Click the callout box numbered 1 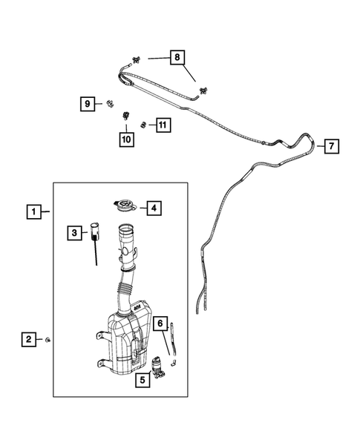pyautogui.click(x=34, y=211)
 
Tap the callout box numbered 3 pyautogui.click(x=73, y=234)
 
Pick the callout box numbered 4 pyautogui.click(x=152, y=208)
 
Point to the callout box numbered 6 pyautogui.click(x=160, y=323)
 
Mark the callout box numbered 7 pyautogui.click(x=330, y=145)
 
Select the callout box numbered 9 pyautogui.click(x=88, y=105)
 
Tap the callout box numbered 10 pyautogui.click(x=126, y=137)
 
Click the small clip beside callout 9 pyautogui.click(x=110, y=105)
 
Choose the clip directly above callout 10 pyautogui.click(x=126, y=116)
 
